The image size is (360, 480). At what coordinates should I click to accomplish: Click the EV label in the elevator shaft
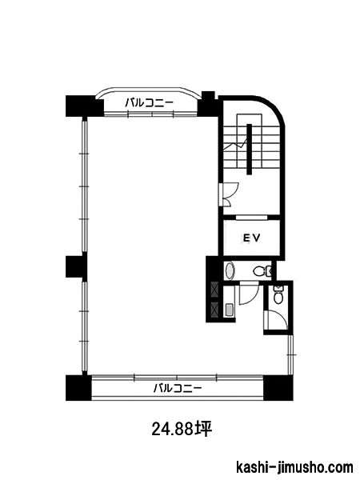click(252, 238)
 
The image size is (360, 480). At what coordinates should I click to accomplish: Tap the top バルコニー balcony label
click(150, 103)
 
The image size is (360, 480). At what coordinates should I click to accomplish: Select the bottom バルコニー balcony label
click(178, 389)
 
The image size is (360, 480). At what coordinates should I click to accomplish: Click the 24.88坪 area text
click(182, 429)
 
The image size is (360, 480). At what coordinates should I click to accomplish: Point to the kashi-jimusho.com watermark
click(294, 468)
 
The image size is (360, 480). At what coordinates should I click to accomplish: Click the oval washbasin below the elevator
click(230, 271)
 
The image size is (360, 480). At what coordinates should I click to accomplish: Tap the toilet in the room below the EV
click(262, 270)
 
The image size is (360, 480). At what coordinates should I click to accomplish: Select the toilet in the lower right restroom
click(278, 295)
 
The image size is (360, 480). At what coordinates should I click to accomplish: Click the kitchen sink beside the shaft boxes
click(230, 309)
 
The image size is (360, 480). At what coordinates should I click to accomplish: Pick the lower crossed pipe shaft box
click(214, 310)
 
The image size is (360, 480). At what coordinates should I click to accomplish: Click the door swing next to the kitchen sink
click(249, 294)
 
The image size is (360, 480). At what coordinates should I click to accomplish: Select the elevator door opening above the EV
click(252, 218)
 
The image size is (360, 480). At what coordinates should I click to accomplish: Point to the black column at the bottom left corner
click(78, 388)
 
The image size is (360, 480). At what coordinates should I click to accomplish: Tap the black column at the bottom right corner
click(278, 388)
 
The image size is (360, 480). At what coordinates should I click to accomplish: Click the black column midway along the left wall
click(77, 266)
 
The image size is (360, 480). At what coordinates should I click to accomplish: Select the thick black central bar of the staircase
click(249, 149)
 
